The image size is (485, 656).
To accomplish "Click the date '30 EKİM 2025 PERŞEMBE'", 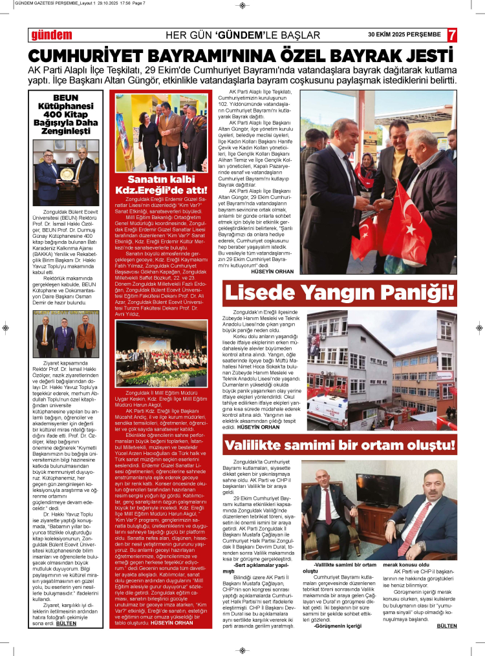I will coord(404,34).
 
